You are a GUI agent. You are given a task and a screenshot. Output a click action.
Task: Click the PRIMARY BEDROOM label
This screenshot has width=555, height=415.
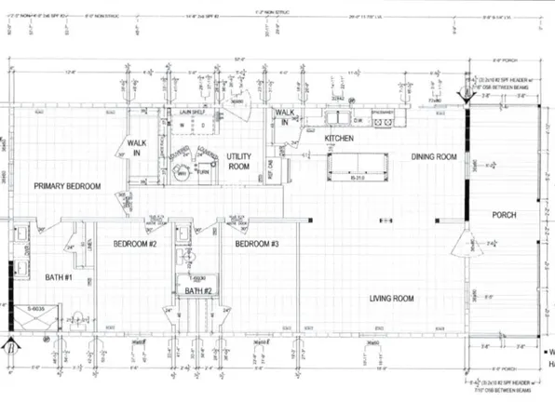click(x=66, y=187)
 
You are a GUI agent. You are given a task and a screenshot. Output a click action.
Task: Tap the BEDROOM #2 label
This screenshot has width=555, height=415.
click(x=133, y=244)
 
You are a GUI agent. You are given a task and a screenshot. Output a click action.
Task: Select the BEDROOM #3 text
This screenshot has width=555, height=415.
click(x=253, y=244)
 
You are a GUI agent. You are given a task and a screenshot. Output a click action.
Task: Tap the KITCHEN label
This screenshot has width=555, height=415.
click(x=342, y=139)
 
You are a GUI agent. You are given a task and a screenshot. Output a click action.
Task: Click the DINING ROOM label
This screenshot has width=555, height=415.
click(x=434, y=157)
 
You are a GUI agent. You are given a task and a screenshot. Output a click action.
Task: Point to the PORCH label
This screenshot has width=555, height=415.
click(x=505, y=215)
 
